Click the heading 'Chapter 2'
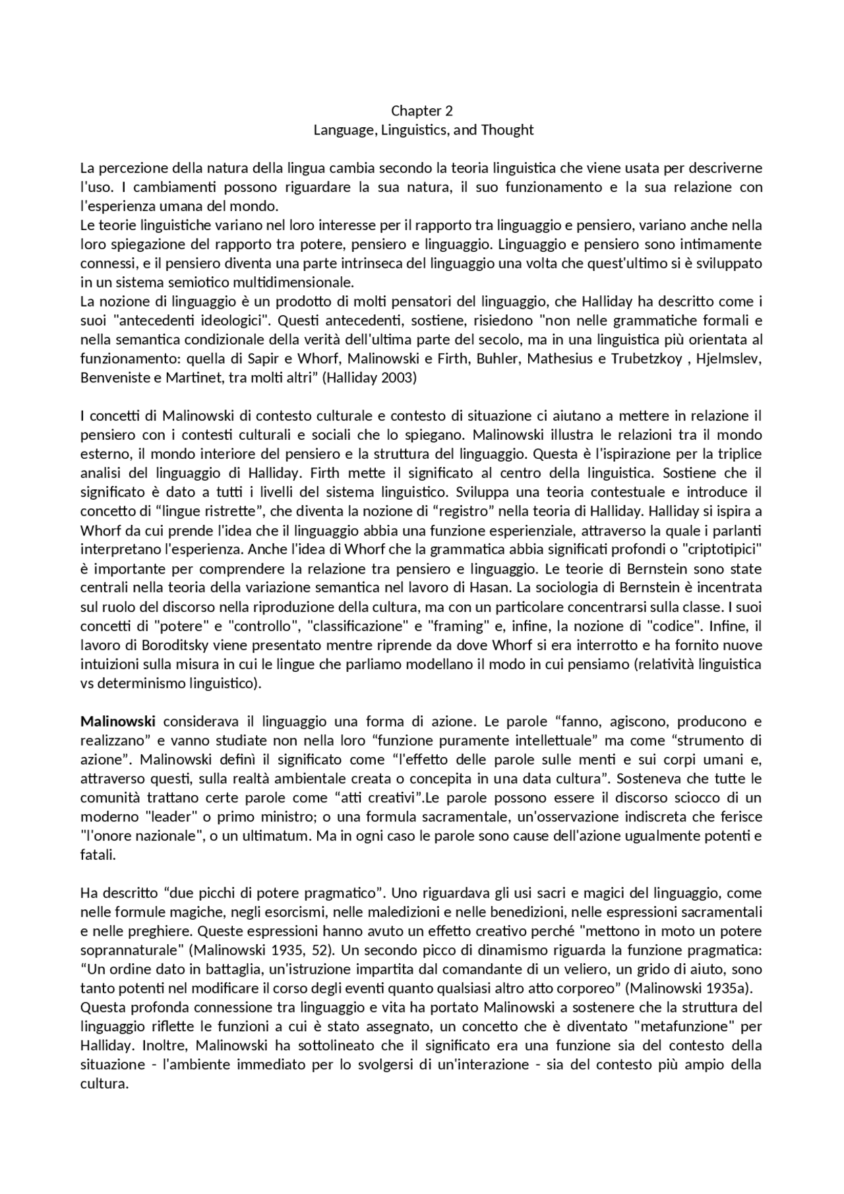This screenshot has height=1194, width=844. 422,110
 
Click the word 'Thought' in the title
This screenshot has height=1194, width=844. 507,130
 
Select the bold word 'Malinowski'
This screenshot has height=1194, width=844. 118,721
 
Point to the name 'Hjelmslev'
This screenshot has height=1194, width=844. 733,359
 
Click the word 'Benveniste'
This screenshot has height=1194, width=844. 114,378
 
